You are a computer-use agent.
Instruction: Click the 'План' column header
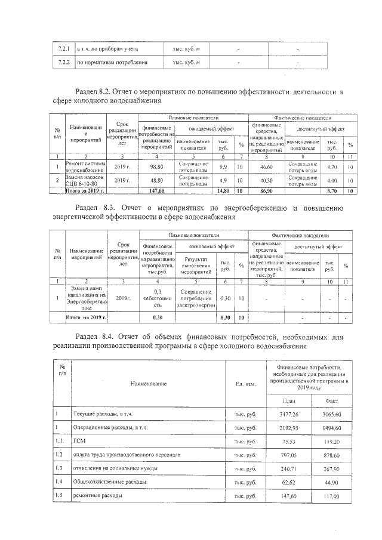click(288, 402)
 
